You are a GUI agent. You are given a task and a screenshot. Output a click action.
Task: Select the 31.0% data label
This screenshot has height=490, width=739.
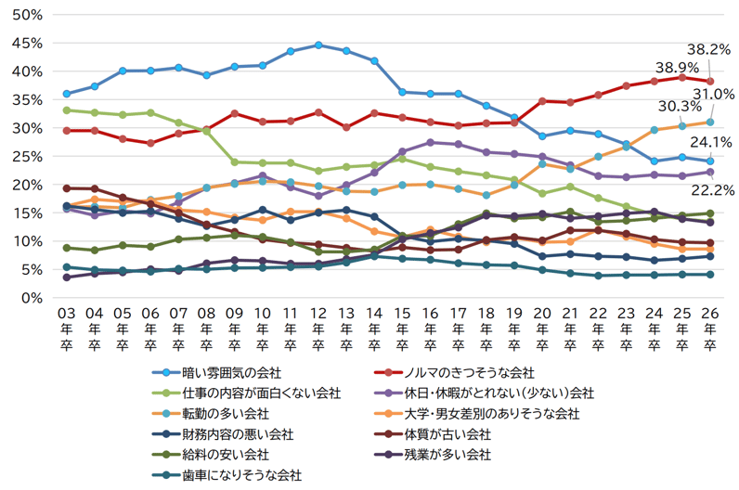pos(713,95)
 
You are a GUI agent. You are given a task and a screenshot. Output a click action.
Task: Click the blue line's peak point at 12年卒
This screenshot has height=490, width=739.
pos(318,45)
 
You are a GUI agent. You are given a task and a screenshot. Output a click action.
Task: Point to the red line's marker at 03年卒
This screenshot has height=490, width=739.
pos(66,131)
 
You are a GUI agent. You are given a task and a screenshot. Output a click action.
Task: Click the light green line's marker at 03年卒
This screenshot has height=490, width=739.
pos(66,110)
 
